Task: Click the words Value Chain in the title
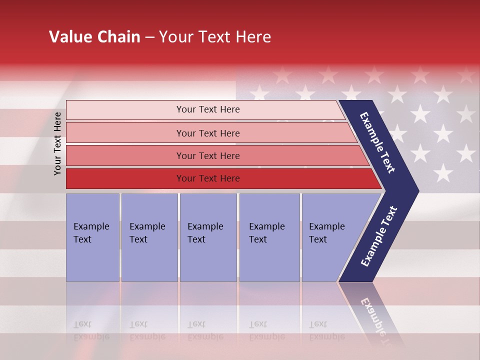click(94, 37)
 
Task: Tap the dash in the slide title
click(149, 37)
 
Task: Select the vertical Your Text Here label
click(57, 143)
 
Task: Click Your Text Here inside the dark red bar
click(208, 178)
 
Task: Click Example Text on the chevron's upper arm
click(377, 142)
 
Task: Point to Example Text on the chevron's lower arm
click(379, 236)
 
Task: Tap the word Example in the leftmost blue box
click(91, 226)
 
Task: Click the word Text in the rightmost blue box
click(317, 239)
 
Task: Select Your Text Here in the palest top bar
click(208, 109)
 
